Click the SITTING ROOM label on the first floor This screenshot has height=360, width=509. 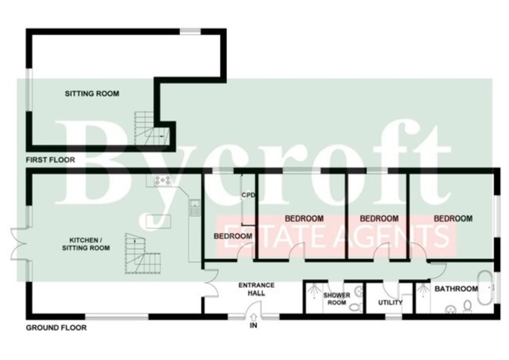tap(92, 93)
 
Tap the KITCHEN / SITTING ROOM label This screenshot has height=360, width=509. tap(85, 244)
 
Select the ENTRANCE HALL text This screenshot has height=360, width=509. tap(256, 289)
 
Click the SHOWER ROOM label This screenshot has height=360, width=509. tap(337, 299)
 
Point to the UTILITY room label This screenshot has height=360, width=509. tap(390, 302)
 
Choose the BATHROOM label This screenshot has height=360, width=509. tap(456, 288)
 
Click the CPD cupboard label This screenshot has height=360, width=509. tap(248, 195)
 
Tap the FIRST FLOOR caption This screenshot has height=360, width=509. tap(50, 160)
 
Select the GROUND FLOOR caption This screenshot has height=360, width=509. tap(56, 328)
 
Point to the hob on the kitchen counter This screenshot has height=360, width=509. tap(163, 180)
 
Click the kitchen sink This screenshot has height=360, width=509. tap(195, 207)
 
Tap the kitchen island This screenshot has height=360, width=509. tap(159, 221)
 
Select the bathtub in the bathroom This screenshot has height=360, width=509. tap(486, 288)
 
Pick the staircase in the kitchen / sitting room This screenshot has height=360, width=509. tap(143, 254)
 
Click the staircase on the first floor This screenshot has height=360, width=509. tap(152, 129)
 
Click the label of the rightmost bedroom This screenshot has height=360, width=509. tap(453, 218)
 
